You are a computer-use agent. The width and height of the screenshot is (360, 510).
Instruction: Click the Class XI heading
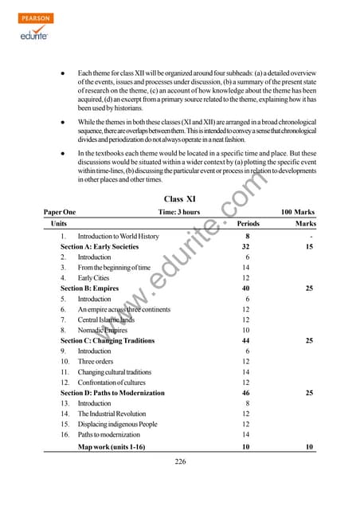(180, 198)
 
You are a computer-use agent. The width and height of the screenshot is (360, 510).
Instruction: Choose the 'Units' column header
(58, 225)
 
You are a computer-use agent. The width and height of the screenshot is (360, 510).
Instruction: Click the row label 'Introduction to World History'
(118, 237)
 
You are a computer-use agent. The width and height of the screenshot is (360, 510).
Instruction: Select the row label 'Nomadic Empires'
(103, 330)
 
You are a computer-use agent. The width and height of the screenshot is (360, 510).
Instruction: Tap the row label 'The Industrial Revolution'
(112, 414)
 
